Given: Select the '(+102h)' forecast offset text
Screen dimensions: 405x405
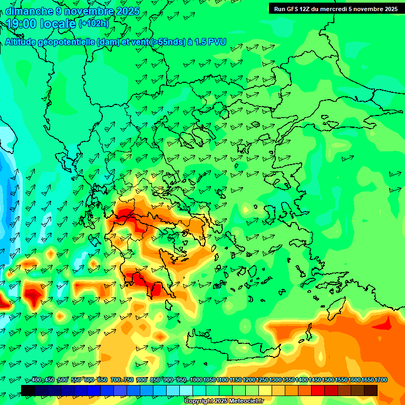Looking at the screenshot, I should coord(94,23).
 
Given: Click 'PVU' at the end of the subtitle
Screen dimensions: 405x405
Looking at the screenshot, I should coord(217,42).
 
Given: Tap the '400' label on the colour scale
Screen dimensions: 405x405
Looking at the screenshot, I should coord(36,380).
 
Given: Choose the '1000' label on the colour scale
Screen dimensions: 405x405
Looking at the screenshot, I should coord(196,380).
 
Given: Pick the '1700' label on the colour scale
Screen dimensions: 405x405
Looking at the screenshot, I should coord(381,380).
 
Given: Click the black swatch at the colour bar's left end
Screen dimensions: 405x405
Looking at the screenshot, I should coord(28,390).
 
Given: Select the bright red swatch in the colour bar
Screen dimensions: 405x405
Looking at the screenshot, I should coord(318,390).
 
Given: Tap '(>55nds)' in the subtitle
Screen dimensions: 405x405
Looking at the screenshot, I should coord(167,42).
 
